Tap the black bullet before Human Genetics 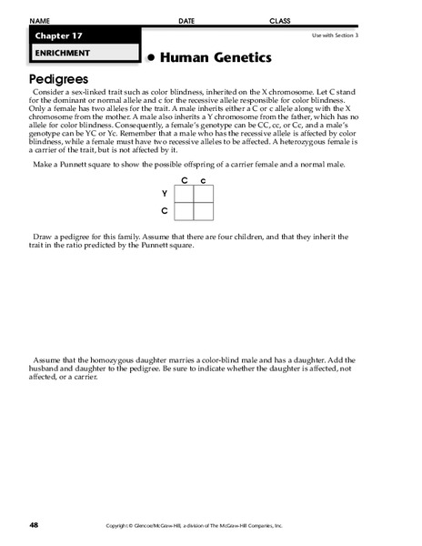click(x=151, y=58)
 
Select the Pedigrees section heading click(x=60, y=79)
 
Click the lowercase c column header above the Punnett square click(x=204, y=180)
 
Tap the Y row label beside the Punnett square click(x=165, y=194)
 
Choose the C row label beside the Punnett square click(x=165, y=211)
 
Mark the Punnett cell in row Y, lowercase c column click(x=205, y=194)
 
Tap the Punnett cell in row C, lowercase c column click(x=205, y=211)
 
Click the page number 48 click(x=34, y=525)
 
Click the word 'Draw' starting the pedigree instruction click(x=43, y=237)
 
